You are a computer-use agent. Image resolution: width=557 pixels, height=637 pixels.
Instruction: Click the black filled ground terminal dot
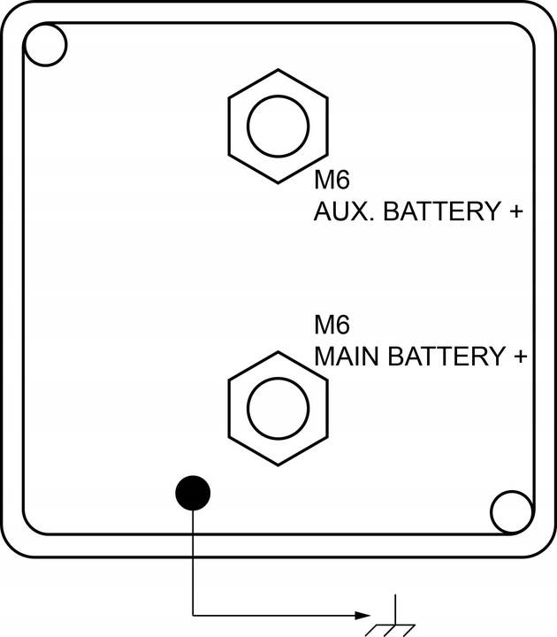pyautogui.click(x=193, y=493)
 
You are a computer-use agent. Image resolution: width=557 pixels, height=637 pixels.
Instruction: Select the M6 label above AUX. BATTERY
pyautogui.click(x=332, y=180)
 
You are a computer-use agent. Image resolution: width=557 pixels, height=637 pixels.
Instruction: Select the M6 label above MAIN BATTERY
pyautogui.click(x=332, y=325)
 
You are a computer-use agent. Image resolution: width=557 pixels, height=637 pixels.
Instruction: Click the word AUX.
pyautogui.click(x=345, y=211)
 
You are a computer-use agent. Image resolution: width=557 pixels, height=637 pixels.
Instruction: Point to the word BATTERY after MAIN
pyautogui.click(x=446, y=357)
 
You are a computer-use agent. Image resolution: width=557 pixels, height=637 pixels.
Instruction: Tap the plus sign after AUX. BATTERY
pyautogui.click(x=515, y=211)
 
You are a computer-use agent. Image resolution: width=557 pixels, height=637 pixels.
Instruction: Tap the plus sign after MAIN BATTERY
pyautogui.click(x=520, y=357)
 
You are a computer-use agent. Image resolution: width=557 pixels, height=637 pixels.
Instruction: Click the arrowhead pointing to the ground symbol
pyautogui.click(x=362, y=616)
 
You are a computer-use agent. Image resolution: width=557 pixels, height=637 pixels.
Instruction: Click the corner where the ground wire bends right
pyautogui.click(x=193, y=616)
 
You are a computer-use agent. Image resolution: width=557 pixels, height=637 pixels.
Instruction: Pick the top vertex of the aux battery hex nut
pyautogui.click(x=278, y=70)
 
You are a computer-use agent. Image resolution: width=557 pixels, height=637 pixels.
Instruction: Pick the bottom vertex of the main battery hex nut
pyautogui.click(x=278, y=465)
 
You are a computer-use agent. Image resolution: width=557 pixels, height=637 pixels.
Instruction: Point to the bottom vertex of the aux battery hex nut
pyautogui.click(x=278, y=183)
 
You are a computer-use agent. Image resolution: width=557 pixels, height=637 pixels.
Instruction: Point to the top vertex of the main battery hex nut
pyautogui.click(x=278, y=352)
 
